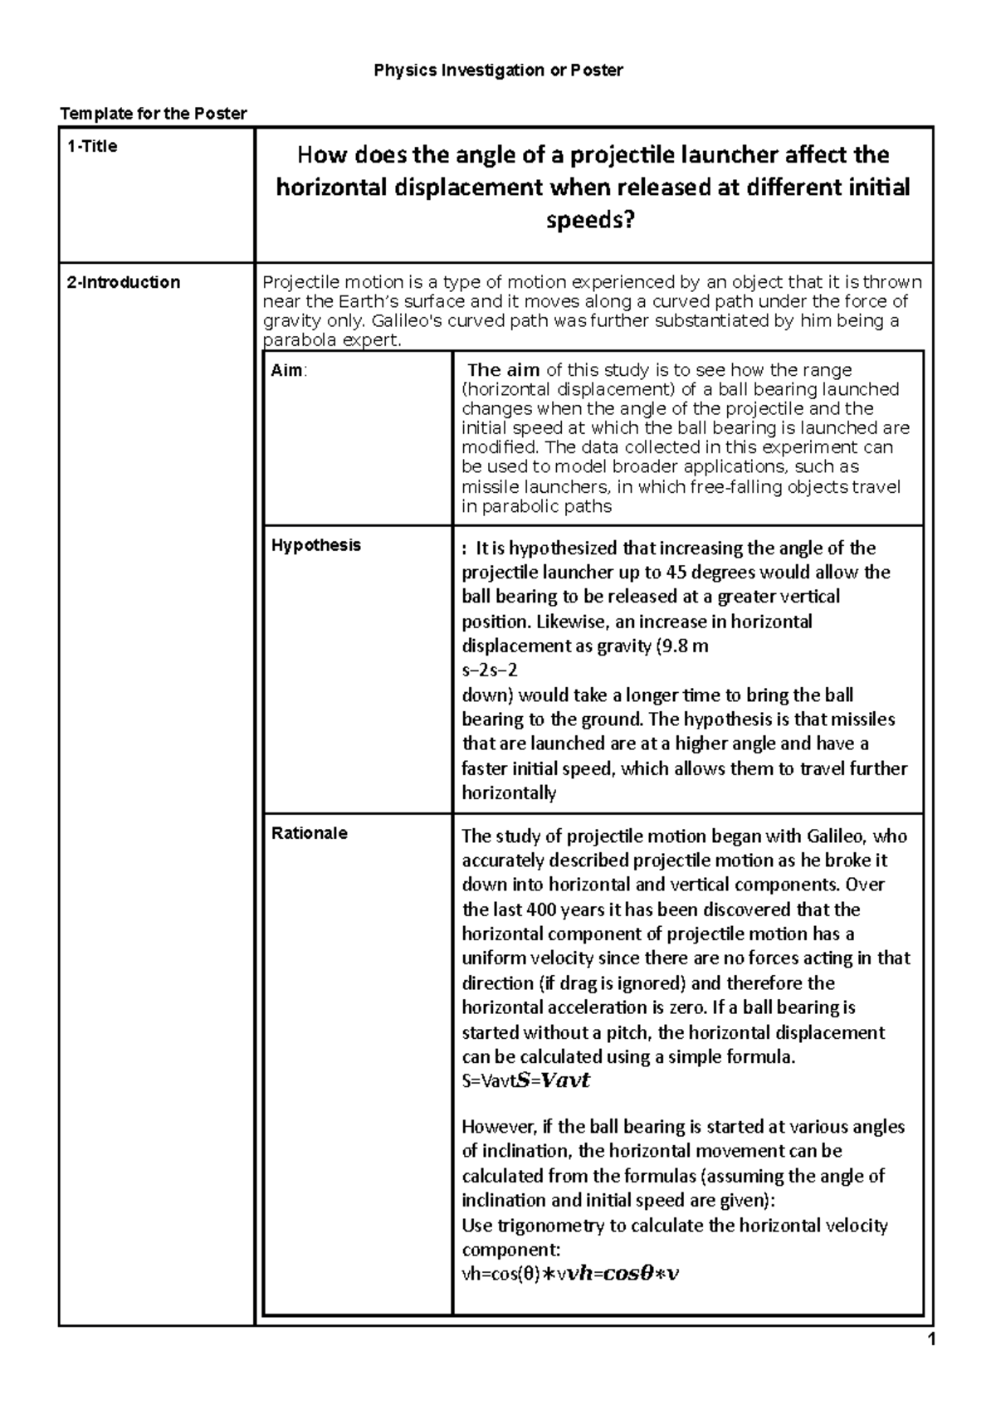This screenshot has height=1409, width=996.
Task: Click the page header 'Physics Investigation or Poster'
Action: pyautogui.click(x=498, y=71)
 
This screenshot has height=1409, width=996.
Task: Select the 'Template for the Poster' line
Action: pyautogui.click(x=152, y=114)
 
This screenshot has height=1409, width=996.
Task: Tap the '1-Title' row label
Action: pyautogui.click(x=92, y=147)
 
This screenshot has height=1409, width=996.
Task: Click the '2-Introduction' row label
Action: pyautogui.click(x=123, y=282)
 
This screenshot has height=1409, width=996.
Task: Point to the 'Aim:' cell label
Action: pyautogui.click(x=288, y=371)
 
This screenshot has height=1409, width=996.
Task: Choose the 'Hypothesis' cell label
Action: pyautogui.click(x=316, y=545)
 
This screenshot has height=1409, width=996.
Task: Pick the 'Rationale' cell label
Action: pyautogui.click(x=309, y=833)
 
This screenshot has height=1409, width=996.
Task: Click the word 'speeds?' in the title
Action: pyautogui.click(x=593, y=221)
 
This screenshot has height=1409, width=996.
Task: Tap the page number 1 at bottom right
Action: pyautogui.click(x=930, y=1339)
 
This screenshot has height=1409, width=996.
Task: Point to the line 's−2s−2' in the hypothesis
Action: pyautogui.click(x=489, y=670)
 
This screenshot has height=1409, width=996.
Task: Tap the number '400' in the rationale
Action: pyautogui.click(x=552, y=909)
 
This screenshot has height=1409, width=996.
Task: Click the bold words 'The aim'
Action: pyautogui.click(x=505, y=370)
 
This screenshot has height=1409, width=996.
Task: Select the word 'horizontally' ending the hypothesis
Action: pyautogui.click(x=508, y=793)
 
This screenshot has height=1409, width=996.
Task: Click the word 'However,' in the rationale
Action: pyautogui.click(x=498, y=1127)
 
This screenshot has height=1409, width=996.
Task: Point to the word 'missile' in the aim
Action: pyautogui.click(x=488, y=487)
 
